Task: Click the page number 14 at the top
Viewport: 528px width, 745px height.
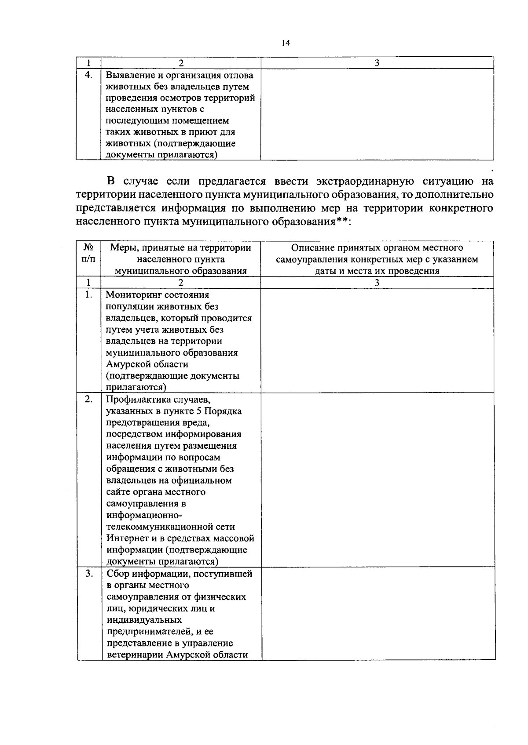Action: [286, 43]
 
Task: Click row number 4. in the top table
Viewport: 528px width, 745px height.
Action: [88, 75]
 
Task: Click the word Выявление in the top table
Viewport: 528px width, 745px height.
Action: [129, 75]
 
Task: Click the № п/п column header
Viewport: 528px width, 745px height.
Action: [88, 254]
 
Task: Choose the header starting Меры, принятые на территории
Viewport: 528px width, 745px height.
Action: [180, 259]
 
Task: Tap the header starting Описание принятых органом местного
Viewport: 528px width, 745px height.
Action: [377, 259]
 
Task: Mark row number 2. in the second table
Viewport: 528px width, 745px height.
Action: [88, 400]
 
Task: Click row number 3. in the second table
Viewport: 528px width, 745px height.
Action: [88, 574]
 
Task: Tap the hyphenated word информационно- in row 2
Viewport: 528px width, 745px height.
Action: [141, 515]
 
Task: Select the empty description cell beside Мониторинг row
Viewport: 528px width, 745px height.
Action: [377, 341]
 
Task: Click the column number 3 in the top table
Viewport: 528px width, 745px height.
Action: [377, 63]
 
